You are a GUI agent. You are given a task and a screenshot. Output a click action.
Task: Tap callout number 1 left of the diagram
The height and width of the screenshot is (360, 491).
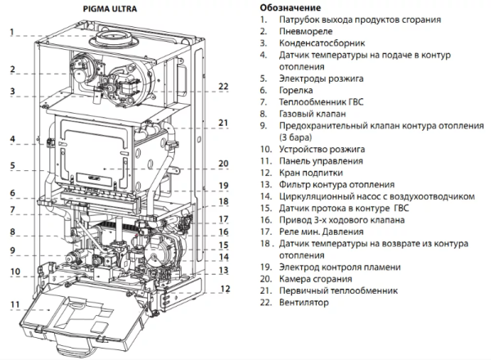tap(12, 34)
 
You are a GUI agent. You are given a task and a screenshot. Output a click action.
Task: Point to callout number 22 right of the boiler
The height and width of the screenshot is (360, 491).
tap(223, 86)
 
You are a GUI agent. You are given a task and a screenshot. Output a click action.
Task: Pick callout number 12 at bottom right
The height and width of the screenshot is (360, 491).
tap(226, 288)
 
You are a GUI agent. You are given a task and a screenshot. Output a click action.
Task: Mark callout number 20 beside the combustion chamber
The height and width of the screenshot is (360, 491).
tap(223, 163)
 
